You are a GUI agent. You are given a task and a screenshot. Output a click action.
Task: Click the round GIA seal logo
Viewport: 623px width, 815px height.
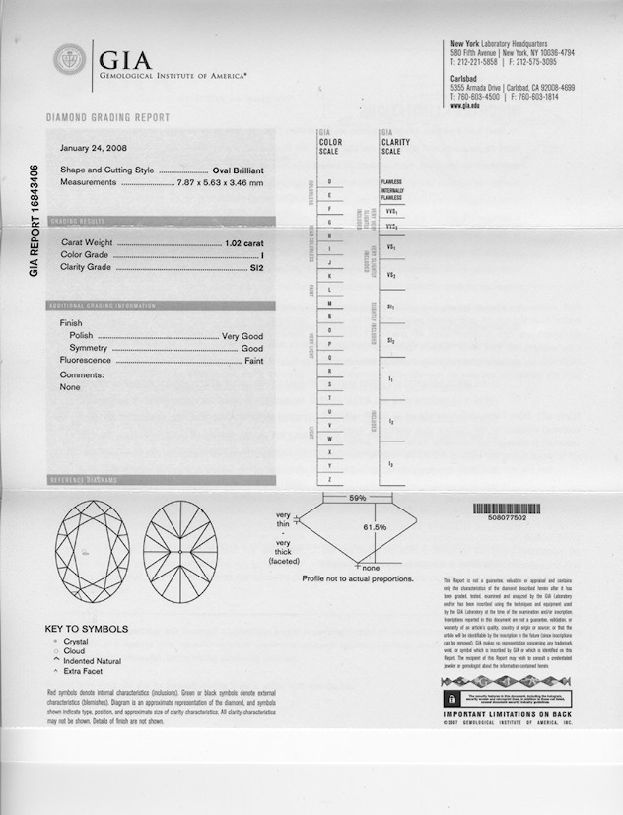click(69, 59)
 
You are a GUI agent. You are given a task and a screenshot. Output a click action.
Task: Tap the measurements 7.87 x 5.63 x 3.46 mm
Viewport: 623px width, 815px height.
click(220, 183)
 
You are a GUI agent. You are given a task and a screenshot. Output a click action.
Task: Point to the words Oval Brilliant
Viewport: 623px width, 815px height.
click(238, 170)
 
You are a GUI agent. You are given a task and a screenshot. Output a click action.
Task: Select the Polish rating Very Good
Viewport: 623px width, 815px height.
click(242, 336)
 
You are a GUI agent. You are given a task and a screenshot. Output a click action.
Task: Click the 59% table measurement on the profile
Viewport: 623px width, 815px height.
click(357, 499)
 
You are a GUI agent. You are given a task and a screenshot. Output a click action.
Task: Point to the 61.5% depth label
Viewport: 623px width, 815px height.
click(375, 528)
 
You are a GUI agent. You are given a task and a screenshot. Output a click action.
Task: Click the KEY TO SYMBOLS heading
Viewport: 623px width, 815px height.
click(87, 629)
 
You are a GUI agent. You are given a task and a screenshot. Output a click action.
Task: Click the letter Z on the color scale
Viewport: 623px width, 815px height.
click(329, 479)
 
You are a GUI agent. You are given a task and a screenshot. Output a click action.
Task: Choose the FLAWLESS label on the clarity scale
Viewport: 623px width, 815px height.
click(391, 182)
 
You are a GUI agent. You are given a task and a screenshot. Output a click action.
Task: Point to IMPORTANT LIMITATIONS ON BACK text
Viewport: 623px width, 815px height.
click(507, 713)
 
